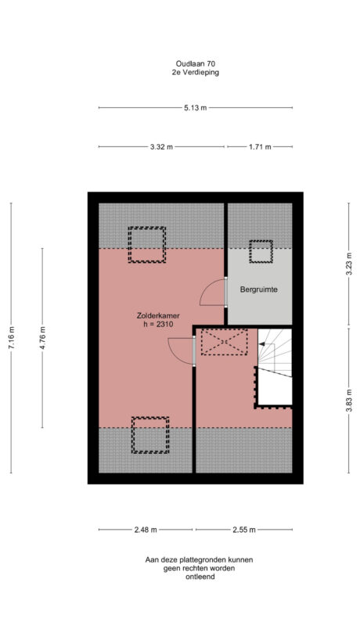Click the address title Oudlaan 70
coord(196,63)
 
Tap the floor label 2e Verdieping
coord(196,72)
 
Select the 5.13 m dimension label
coord(196,108)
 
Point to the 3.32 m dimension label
coord(160,146)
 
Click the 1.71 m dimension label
coord(259,146)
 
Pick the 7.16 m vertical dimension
coord(11,336)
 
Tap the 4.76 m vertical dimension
coord(43,338)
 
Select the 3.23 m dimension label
coord(349,263)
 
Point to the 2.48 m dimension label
coord(145,530)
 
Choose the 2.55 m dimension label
coord(244,530)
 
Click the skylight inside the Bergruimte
coord(260,251)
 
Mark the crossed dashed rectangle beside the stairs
coord(224,343)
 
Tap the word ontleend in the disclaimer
coord(200,578)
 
